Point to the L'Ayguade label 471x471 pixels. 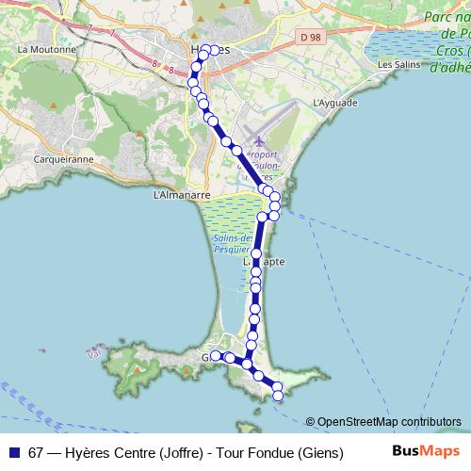333,102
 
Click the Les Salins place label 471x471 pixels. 397,64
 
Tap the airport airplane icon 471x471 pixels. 259,140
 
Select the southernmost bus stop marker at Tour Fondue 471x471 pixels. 278,397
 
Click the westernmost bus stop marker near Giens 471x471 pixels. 216,355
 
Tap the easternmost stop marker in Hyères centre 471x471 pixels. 215,50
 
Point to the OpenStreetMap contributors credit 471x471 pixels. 388,421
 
